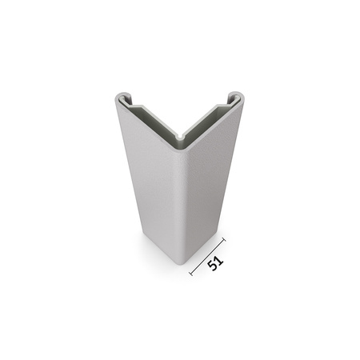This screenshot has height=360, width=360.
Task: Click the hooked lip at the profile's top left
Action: click(120, 99)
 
